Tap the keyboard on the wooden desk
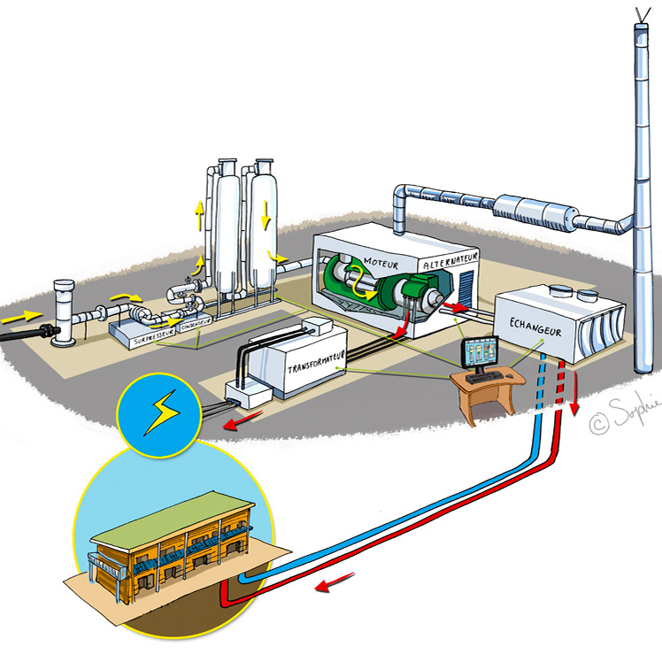pos(483,378)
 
